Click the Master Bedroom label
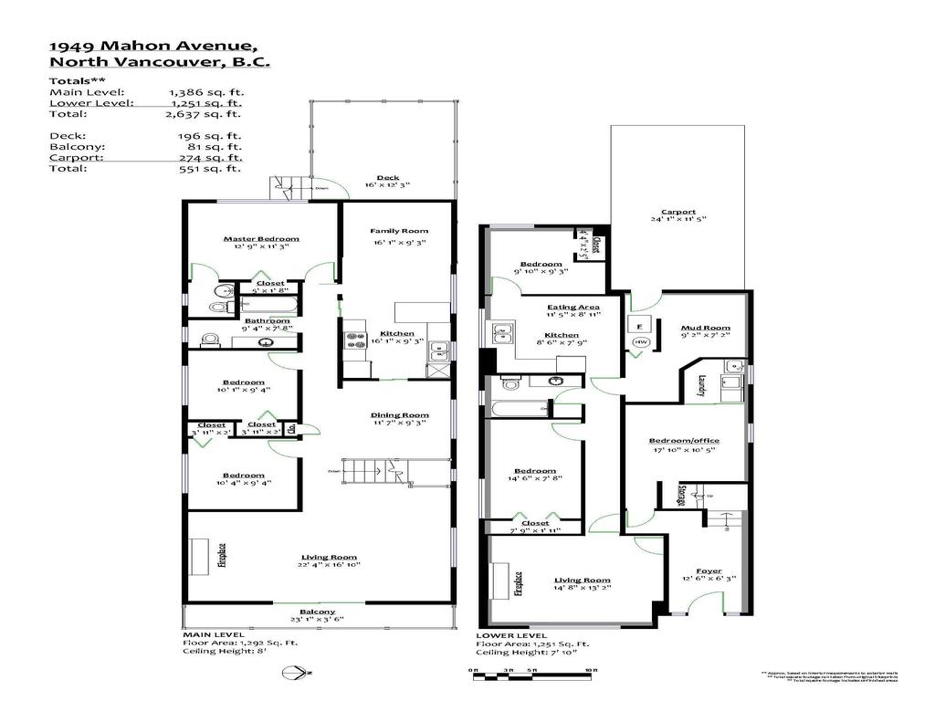point(261,239)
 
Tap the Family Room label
point(398,231)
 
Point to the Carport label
point(678,212)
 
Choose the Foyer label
point(708,571)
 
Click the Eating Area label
point(573,308)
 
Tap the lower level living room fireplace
point(501,581)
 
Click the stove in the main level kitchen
point(353,342)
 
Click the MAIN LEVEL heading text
point(213,633)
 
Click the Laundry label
point(701,387)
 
